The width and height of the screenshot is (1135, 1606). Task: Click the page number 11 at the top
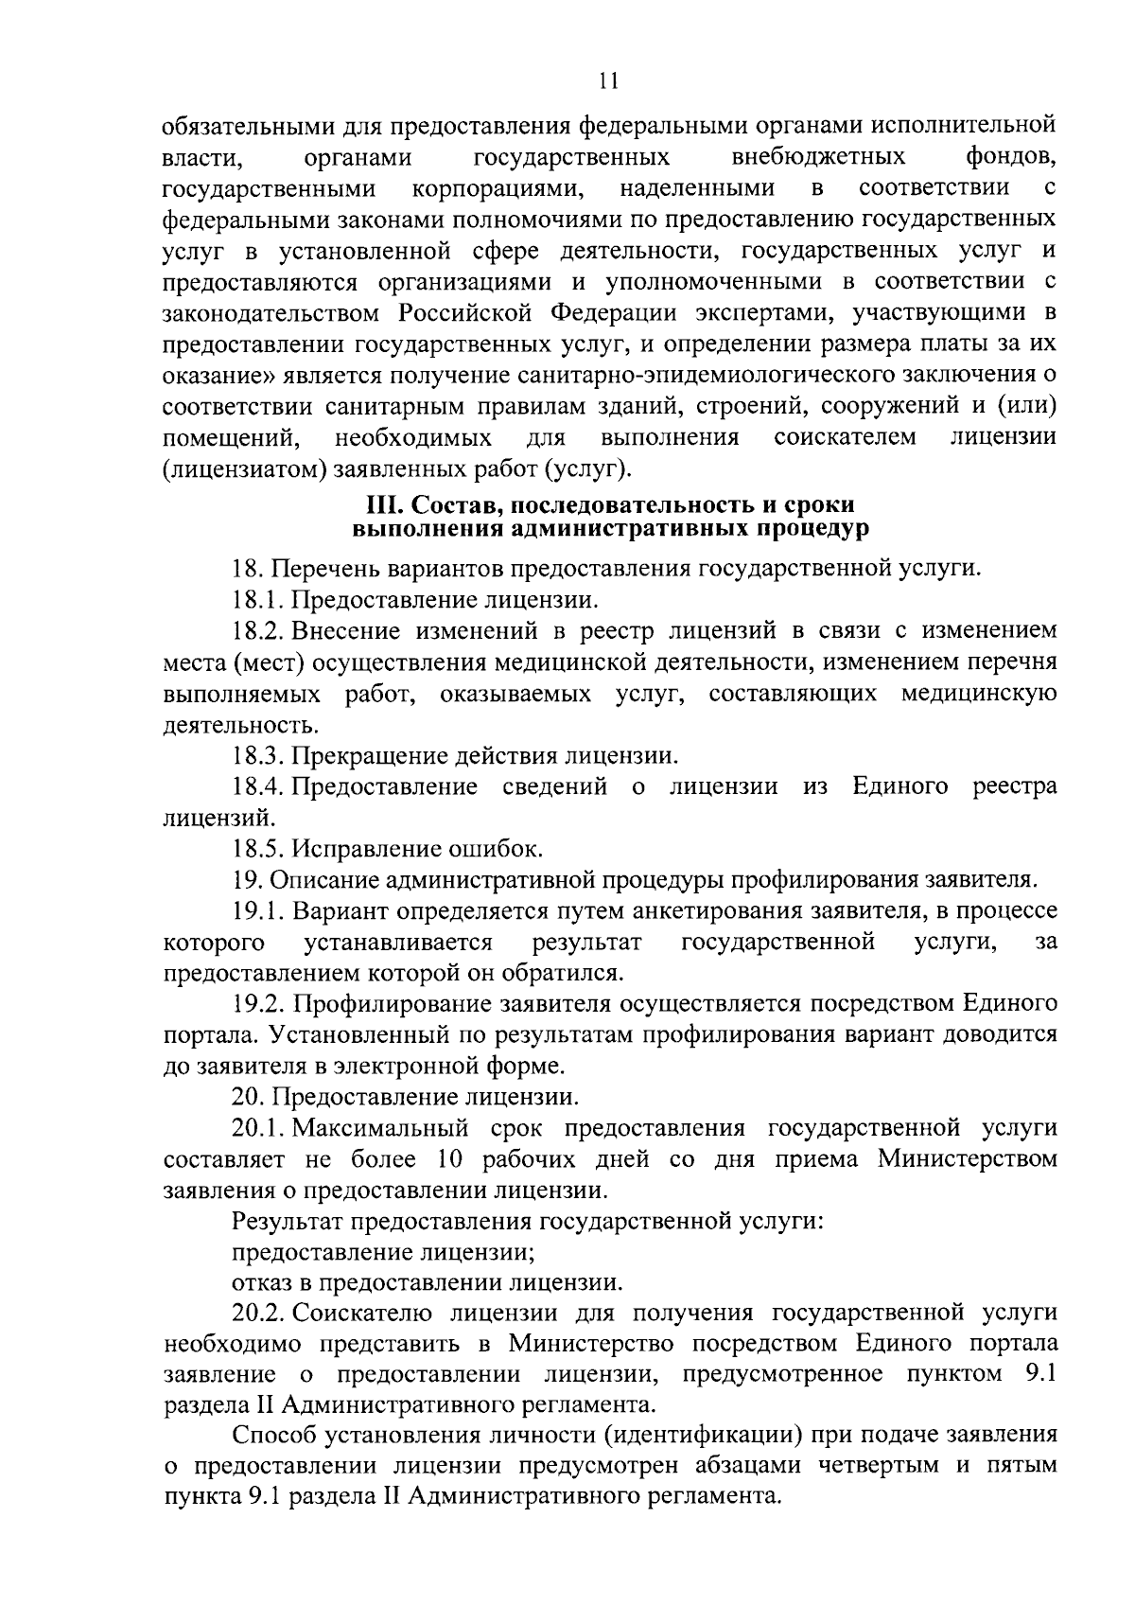pos(608,81)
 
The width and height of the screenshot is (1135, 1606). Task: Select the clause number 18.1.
pos(258,600)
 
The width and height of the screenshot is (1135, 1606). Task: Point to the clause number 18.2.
pos(258,631)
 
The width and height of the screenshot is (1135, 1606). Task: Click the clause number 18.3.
pos(258,756)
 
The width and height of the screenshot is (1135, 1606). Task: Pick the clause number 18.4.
pos(258,787)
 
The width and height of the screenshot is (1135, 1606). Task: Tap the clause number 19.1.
pos(258,911)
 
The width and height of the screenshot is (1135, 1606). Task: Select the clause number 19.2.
pos(258,1004)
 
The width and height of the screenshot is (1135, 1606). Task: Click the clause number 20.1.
pos(258,1129)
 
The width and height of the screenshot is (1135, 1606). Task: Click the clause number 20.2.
pos(258,1315)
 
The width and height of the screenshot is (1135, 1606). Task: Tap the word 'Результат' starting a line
pos(286,1222)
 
